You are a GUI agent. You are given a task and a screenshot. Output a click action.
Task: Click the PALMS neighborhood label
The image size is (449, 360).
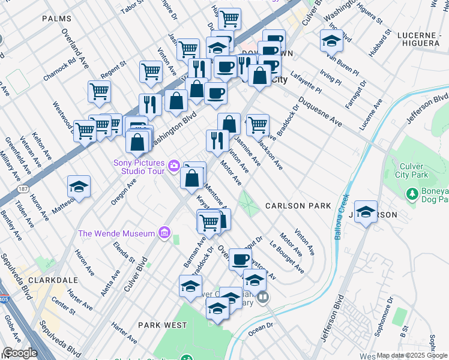click(x=57, y=19)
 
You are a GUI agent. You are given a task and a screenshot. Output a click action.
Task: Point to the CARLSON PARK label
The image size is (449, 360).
click(x=299, y=206)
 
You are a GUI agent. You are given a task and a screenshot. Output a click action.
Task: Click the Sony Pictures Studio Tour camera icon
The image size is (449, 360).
click(x=174, y=165)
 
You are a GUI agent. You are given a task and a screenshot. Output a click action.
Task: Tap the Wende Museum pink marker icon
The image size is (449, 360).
click(x=163, y=233)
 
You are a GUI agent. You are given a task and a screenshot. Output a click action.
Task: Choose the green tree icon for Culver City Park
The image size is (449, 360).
click(x=412, y=194)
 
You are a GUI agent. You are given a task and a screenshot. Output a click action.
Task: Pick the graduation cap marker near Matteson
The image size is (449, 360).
click(x=79, y=187)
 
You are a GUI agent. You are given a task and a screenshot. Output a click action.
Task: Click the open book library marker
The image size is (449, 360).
click(x=262, y=296)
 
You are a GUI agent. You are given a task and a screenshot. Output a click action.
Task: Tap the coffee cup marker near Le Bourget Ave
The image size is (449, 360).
click(x=240, y=260)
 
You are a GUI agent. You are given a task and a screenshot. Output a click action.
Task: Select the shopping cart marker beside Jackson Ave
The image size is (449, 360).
click(x=258, y=125)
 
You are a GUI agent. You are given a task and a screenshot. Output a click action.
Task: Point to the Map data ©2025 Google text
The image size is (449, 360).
click(x=412, y=355)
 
